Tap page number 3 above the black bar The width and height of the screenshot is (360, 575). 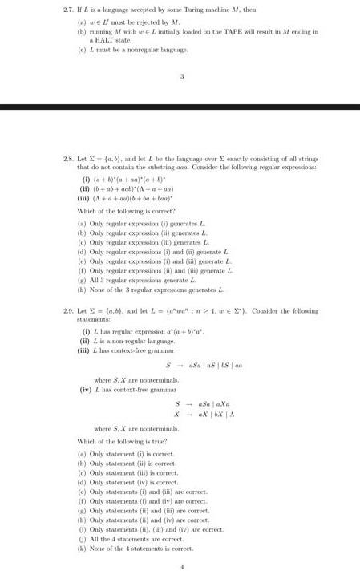182,77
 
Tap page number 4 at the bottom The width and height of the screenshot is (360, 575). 182,566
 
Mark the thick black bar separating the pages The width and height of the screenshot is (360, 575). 180,106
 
